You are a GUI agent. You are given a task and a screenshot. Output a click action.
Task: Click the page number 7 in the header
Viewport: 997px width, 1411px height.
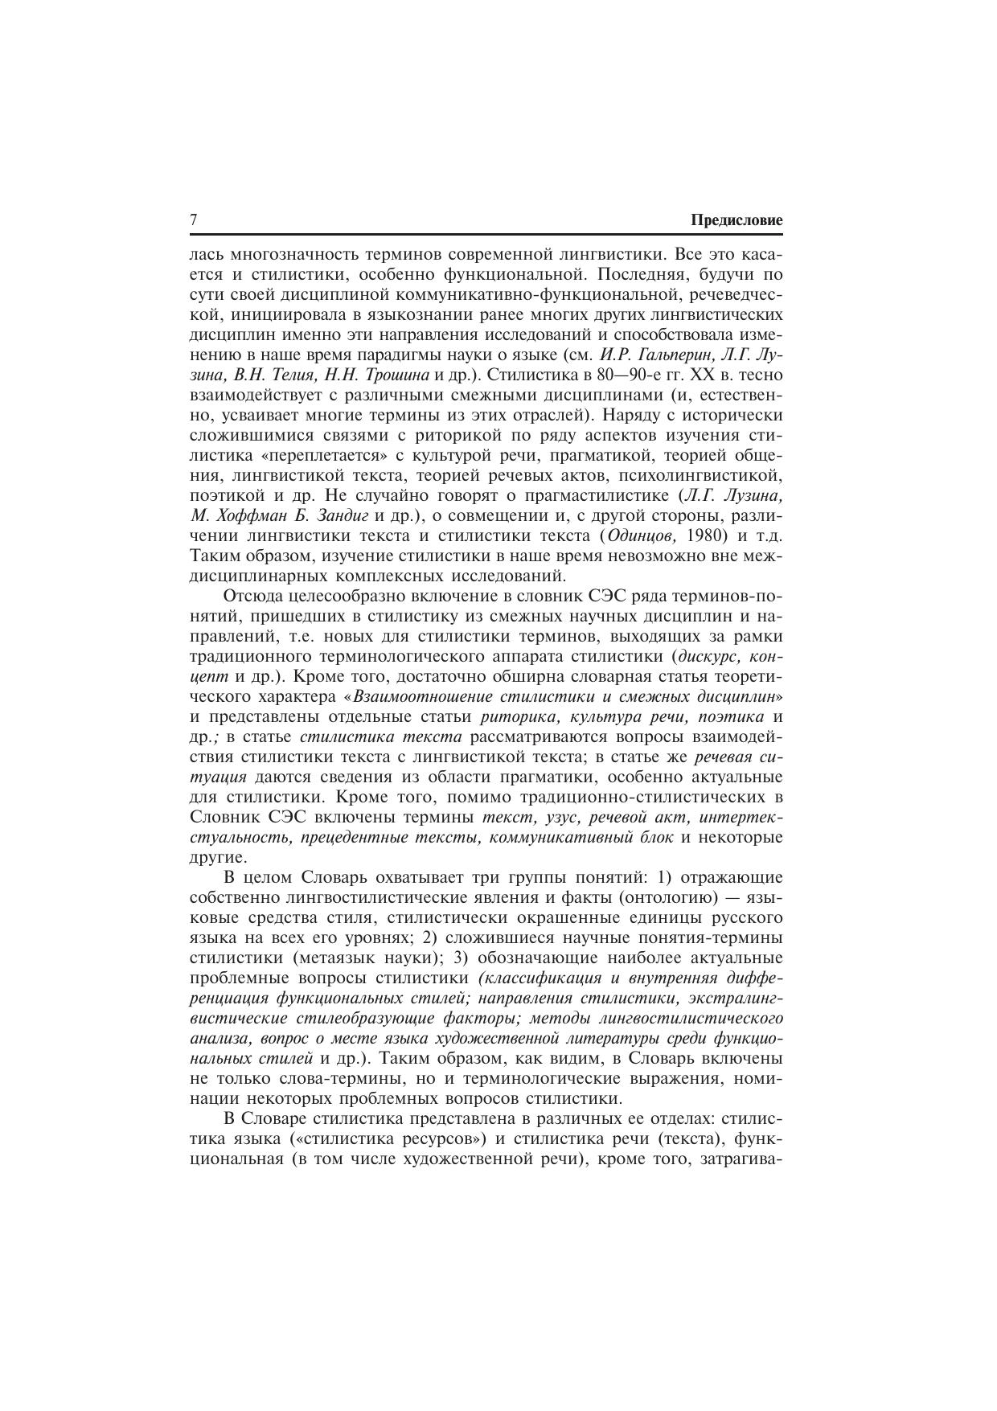click(x=193, y=220)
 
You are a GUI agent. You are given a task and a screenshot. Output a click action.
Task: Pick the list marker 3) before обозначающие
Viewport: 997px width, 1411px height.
click(x=461, y=958)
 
